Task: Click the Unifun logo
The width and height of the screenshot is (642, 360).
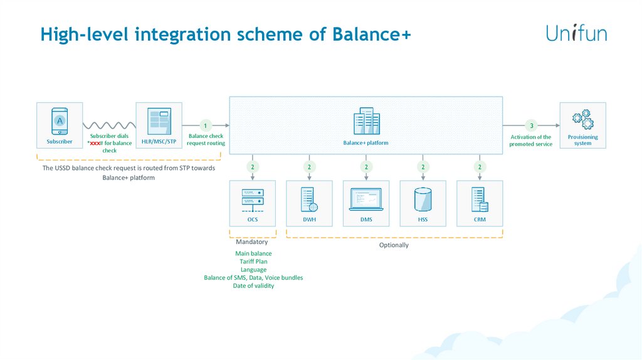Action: pos(576,33)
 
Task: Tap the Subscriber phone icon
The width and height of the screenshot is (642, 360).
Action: pos(59,120)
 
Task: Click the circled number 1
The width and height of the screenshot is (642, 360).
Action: pos(205,124)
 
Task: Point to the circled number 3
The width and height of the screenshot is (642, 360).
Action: pos(531,124)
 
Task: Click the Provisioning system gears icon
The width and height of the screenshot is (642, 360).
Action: pos(582,119)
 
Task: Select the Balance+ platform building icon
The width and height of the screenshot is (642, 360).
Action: pos(366,122)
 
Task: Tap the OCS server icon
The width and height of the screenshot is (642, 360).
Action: pos(253,199)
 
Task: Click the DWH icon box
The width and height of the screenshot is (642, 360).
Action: pos(309,203)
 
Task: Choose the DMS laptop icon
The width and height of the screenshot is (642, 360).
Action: pos(366,199)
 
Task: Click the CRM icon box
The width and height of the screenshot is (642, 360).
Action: pos(480,203)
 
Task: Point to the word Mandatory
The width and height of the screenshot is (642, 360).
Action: pos(251,241)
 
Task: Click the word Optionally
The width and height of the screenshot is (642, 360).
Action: pos(394,245)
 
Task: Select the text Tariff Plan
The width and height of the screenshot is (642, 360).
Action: pos(253,262)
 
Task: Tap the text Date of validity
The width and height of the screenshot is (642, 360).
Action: pos(253,285)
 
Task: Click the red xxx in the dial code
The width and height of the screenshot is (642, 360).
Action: pos(95,143)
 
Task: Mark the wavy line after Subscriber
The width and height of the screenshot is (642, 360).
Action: pos(109,124)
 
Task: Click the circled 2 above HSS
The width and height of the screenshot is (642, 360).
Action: pos(423,167)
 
